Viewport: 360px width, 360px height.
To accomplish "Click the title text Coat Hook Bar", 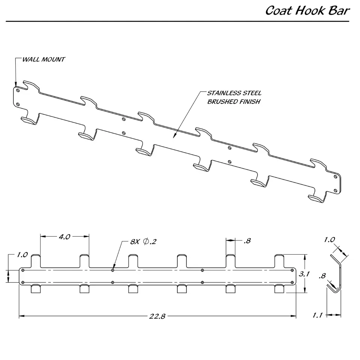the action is point(307,10).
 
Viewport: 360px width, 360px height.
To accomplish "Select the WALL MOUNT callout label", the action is point(43,60).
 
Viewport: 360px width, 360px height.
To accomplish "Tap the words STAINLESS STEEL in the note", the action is point(234,93).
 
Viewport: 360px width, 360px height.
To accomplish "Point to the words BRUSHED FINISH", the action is point(234,102).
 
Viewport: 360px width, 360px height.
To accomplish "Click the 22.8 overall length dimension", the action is point(157,316).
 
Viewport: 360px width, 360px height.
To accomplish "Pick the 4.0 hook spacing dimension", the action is point(64,237).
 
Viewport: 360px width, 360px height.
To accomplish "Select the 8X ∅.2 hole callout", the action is point(143,241).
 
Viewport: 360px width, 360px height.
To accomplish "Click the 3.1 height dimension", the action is point(304,274).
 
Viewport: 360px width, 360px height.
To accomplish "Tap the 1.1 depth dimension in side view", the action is point(318,315).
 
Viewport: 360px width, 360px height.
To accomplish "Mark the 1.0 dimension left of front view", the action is point(22,255).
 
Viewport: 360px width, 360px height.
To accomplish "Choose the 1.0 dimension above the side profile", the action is point(330,240).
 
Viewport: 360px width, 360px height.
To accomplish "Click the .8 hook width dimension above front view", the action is point(247,241).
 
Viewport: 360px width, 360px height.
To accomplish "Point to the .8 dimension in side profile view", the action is point(322,276).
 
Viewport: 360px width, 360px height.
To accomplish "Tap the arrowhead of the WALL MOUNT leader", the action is point(16,85).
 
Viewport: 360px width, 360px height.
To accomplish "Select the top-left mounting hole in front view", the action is point(23,270).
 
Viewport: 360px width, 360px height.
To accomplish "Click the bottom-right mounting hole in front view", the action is point(292,282).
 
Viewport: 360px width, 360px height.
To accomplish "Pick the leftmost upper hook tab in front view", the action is point(36,261).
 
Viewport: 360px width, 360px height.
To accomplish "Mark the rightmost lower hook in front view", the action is point(279,289).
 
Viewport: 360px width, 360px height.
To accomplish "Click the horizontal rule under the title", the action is point(177,21).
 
